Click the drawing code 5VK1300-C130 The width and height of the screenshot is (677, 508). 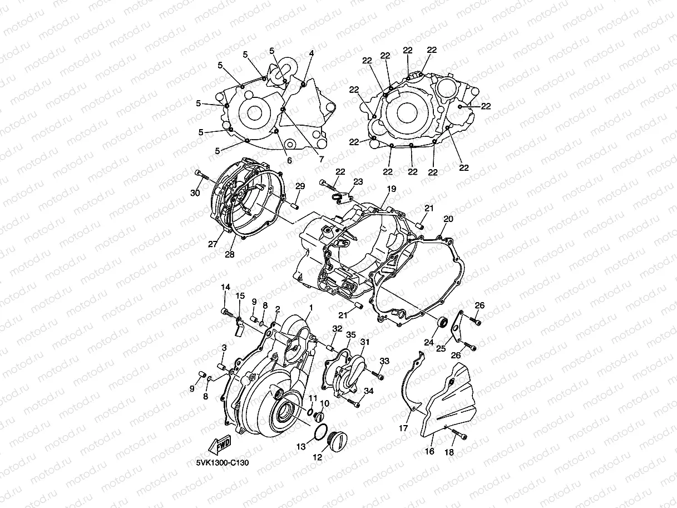coord(223,462)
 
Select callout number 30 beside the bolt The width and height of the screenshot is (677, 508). coord(195,193)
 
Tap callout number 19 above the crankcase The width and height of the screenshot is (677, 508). coord(392,189)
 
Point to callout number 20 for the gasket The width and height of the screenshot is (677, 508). coord(448,219)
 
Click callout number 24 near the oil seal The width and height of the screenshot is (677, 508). coord(429,343)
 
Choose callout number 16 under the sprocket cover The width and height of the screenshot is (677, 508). coord(429,451)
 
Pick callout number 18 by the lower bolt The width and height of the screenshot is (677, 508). coord(449,452)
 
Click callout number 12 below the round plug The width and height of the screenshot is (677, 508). coord(318,457)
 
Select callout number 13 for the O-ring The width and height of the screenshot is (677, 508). coord(301,447)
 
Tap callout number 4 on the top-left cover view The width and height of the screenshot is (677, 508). coord(312,53)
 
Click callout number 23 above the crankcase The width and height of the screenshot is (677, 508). coord(358,181)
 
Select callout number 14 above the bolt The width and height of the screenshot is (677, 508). coord(225,287)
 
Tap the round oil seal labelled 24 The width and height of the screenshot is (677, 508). coord(443,322)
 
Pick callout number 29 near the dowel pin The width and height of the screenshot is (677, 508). coord(300,186)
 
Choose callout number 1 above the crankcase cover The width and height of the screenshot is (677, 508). coord(311,307)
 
